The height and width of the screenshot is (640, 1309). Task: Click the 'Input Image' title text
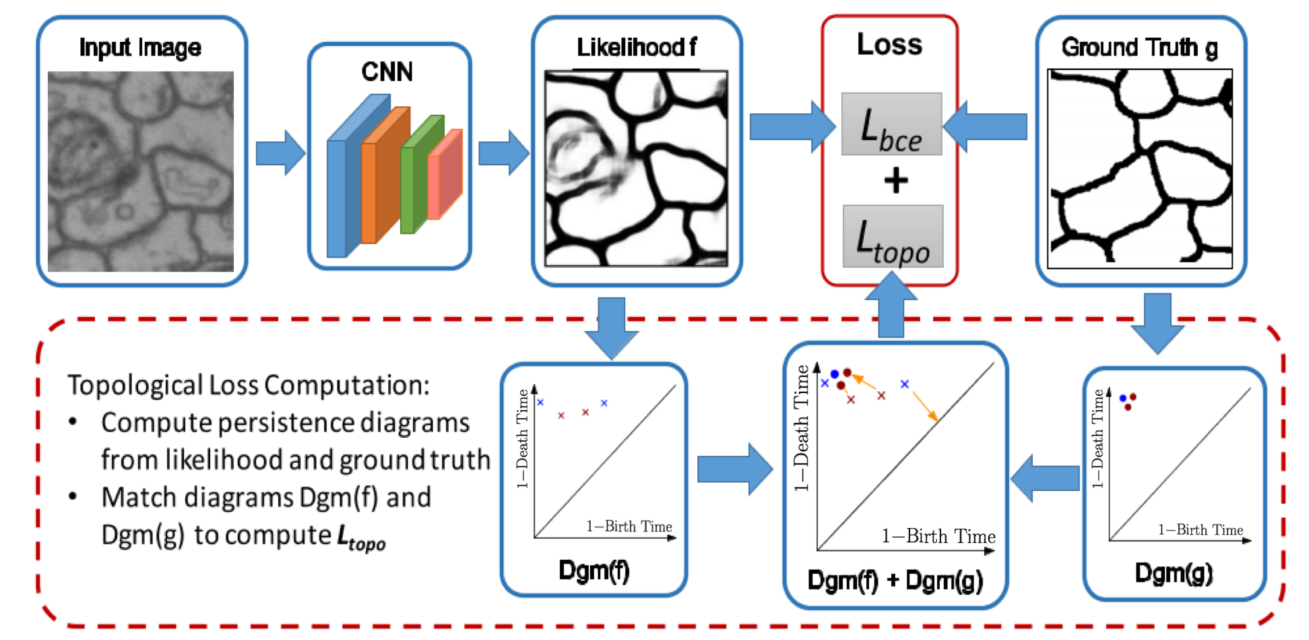pos(140,48)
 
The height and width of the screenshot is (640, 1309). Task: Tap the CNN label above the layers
pos(387,72)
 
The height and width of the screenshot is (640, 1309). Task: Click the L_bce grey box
pos(891,125)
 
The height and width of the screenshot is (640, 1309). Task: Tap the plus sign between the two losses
pos(895,181)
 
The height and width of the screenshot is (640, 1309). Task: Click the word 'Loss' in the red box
pos(889,45)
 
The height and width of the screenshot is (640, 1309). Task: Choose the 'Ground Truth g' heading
pos(1139,48)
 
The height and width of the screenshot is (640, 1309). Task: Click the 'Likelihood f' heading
pos(636,48)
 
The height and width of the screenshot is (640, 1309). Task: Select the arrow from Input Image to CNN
pos(280,153)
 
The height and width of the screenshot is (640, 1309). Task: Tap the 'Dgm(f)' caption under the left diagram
pos(594,571)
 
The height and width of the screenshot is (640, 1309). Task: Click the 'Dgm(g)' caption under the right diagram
pos(1174,573)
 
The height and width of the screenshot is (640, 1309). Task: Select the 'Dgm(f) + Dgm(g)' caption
pos(895,580)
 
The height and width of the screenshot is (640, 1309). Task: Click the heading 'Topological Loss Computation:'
pos(248,385)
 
